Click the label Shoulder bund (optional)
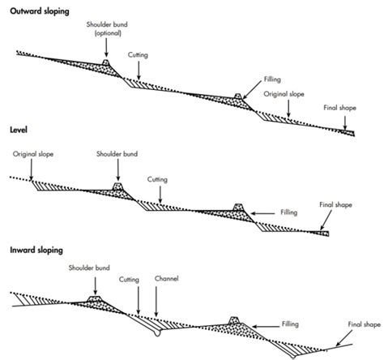click(x=107, y=29)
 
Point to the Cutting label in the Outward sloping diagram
click(x=139, y=55)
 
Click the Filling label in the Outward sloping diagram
click(x=272, y=81)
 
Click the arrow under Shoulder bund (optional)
click(x=107, y=48)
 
